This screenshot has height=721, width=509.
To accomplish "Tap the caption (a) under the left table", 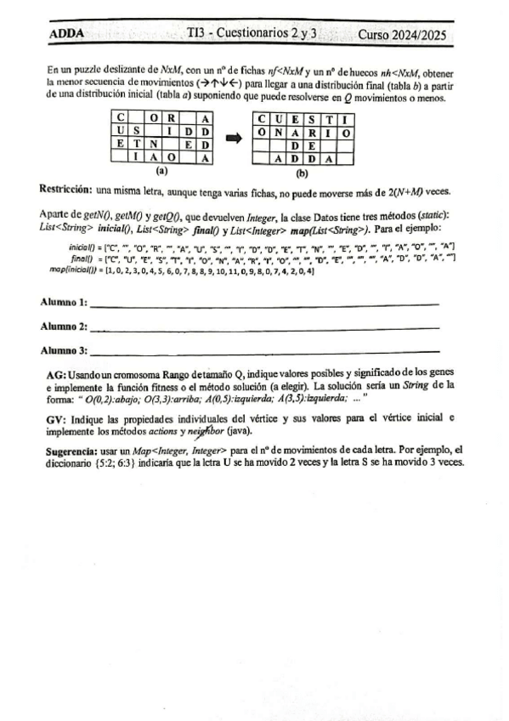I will (162, 171).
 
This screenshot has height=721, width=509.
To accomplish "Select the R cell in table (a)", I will (172, 118).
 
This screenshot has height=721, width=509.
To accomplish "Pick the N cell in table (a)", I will (154, 144).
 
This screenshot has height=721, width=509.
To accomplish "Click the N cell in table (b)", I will (280, 132).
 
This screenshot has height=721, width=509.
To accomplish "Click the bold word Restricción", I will (66, 187).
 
